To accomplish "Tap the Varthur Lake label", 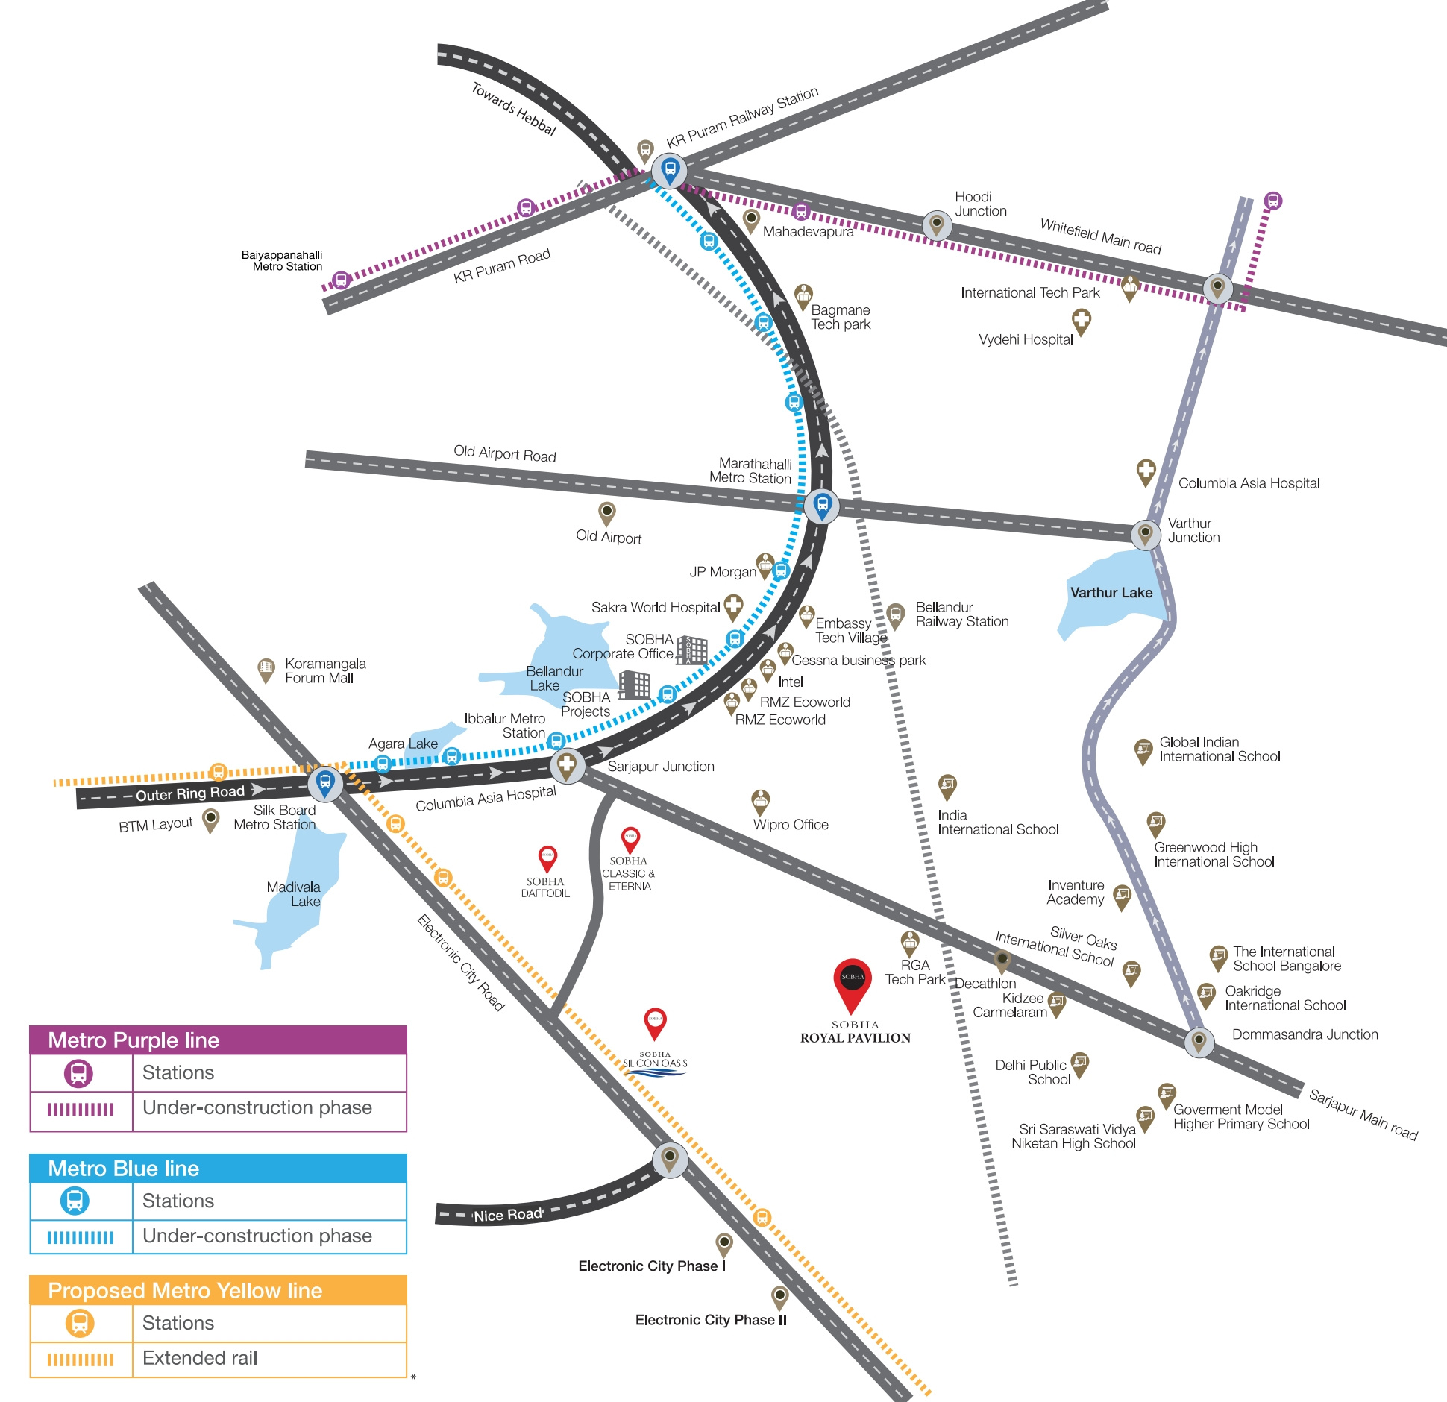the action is pos(1111,593).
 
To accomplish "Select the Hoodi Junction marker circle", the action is pos(937,224).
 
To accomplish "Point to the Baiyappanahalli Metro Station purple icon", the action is pos(341,280).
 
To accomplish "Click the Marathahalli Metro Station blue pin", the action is pos(821,506).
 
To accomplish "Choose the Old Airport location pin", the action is pos(607,514).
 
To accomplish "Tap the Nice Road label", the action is pos(508,1215).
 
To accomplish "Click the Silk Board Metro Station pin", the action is pos(325,783).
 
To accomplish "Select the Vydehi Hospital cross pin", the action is pos(1081,323).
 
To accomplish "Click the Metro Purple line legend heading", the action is pos(134,1040).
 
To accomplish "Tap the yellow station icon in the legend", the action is pos(80,1323).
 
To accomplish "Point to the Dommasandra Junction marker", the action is pos(1199,1040).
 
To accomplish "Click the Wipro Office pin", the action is pos(760,802).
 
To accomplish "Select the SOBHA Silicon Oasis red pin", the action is pos(655,1023).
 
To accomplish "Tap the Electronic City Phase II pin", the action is pos(779,1298).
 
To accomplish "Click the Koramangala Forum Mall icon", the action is pos(266,670).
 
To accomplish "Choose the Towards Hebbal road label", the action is pos(514,109).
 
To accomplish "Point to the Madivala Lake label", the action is pos(294,894).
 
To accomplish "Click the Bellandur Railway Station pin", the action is pos(896,616).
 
